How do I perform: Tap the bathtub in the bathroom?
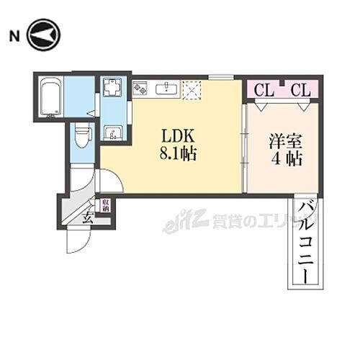coord(50,96)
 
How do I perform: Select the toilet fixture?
coord(81,134)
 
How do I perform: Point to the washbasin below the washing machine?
coord(114,132)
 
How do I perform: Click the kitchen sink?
coord(166,88)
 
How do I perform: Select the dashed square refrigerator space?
coord(192,88)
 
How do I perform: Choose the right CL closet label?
coord(301,91)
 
